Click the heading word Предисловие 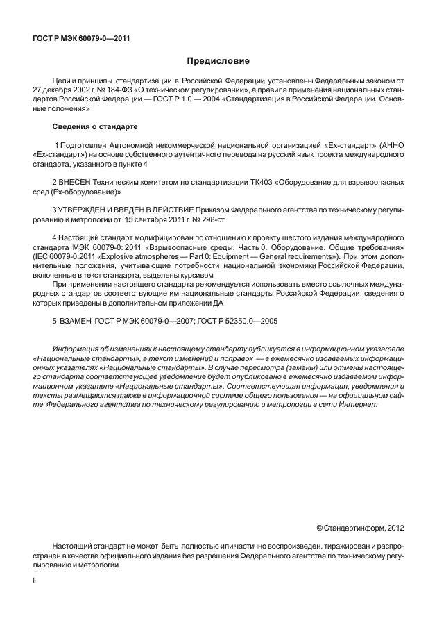[x=218, y=61]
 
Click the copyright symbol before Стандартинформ [x=320, y=527]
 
